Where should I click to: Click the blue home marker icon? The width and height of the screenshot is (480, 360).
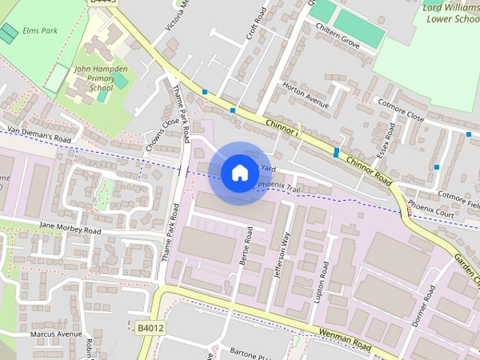click(239, 173)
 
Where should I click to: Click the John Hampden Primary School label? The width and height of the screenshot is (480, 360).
click(100, 78)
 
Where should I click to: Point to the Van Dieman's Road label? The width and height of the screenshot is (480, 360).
click(39, 134)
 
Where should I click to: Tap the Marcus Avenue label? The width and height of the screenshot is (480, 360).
click(56, 334)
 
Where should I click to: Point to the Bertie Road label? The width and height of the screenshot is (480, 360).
click(248, 248)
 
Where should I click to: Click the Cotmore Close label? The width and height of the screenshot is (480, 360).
click(400, 109)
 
